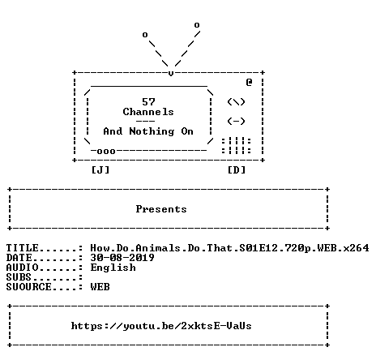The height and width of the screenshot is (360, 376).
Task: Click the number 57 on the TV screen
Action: click(148, 102)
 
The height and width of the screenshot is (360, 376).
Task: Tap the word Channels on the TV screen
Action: click(148, 112)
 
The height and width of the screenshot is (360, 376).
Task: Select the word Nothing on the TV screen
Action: click(152, 131)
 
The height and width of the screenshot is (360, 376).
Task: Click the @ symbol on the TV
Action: click(249, 82)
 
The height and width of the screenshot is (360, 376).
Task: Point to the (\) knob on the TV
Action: click(236, 102)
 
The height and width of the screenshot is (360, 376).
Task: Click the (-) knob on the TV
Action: click(236, 122)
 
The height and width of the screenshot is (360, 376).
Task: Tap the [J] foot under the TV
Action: click(100, 170)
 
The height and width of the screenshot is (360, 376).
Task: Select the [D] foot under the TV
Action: click(237, 170)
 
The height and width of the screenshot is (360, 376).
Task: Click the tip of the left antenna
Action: click(145, 35)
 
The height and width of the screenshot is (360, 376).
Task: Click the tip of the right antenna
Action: click(197, 25)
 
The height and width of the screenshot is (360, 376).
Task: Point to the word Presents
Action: click(161, 209)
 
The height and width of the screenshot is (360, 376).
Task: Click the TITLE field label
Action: click(23, 248)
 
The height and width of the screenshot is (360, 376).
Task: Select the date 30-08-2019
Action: click(122, 258)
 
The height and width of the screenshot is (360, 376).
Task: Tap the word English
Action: click(113, 268)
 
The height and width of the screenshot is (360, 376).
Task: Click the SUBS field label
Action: click(19, 277)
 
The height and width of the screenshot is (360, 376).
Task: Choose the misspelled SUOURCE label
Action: click(28, 287)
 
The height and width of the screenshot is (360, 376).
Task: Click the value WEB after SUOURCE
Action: click(100, 287)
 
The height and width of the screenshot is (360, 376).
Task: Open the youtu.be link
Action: click(161, 326)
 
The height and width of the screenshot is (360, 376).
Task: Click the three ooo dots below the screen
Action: click(106, 152)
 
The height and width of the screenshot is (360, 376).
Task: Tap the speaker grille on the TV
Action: click(236, 146)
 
